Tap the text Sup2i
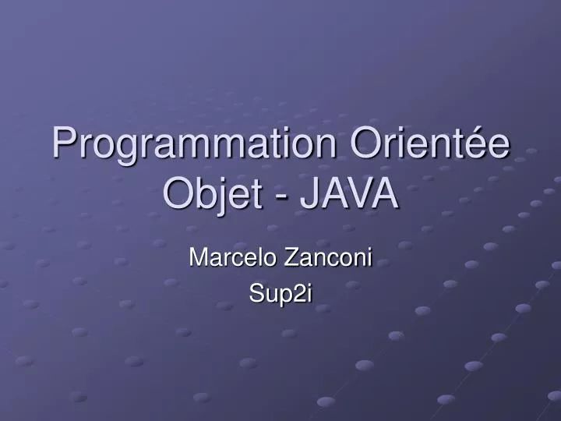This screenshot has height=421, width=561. coord(280,292)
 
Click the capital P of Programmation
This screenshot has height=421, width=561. coord(65,145)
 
